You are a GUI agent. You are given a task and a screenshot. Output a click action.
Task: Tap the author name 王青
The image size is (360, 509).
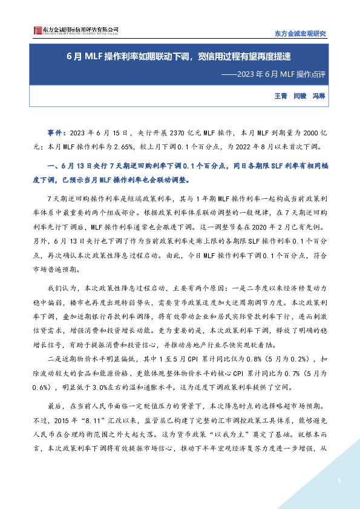(x=280, y=96)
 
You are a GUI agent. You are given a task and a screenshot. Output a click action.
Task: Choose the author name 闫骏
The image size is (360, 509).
(x=300, y=96)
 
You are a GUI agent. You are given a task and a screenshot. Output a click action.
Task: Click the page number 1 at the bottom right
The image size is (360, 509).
(x=339, y=481)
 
